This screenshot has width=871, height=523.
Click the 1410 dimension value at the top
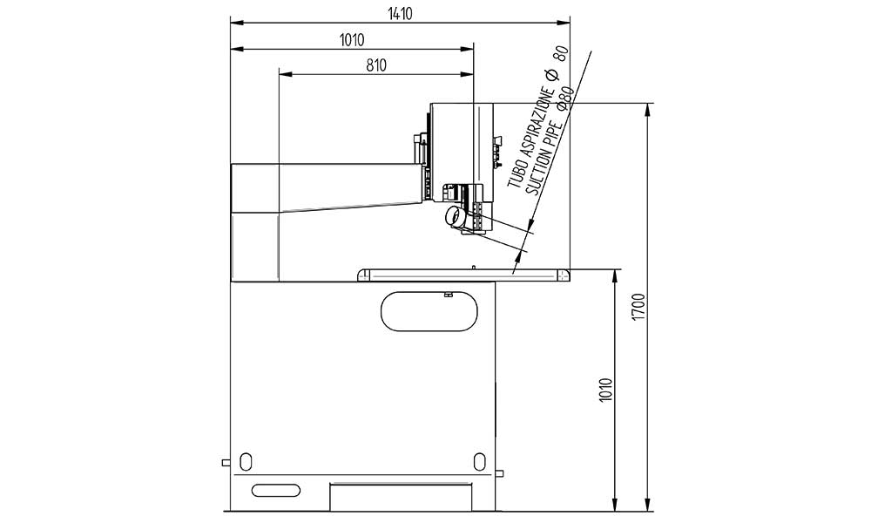(x=400, y=13)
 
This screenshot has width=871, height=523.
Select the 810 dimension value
(x=376, y=65)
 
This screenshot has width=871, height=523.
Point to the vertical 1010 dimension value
(x=606, y=391)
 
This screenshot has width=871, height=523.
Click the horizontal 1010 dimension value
(x=352, y=40)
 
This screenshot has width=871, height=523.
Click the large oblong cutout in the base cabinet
(x=429, y=311)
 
